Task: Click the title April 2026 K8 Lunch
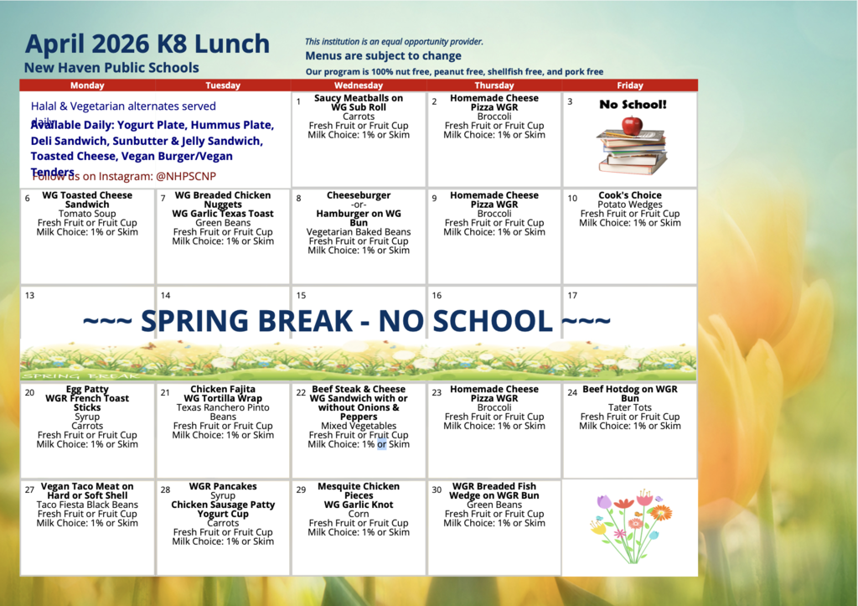[x=147, y=44]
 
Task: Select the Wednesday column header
[x=359, y=85]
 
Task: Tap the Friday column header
[x=630, y=85]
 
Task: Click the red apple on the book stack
[x=633, y=126]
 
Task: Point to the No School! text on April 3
[x=633, y=105]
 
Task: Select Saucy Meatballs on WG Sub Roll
[x=359, y=103]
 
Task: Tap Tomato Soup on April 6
[x=87, y=214]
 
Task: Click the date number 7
[x=163, y=199]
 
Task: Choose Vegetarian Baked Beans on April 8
[x=359, y=232]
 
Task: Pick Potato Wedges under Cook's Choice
[x=630, y=205]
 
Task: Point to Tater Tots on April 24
[x=630, y=407]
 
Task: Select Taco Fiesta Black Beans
[x=87, y=505]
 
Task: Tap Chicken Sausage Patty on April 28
[x=223, y=505]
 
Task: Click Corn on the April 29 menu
[x=359, y=514]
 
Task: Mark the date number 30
[x=436, y=489]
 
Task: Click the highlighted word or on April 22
[x=381, y=444]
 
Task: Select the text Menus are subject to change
[x=383, y=56]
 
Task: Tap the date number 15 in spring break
[x=301, y=296]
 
